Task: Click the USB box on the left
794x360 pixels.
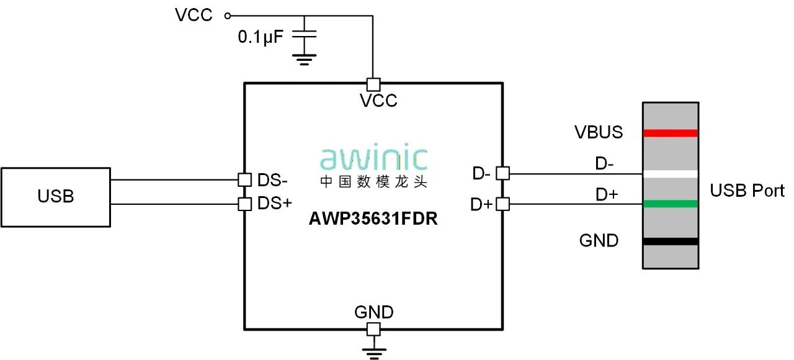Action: [x=56, y=197]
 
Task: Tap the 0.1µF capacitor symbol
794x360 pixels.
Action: [x=304, y=35]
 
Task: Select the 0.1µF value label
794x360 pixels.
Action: [x=261, y=37]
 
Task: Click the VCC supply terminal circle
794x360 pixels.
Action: [x=227, y=16]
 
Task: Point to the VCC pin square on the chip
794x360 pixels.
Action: [x=373, y=84]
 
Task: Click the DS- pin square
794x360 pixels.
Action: [x=245, y=179]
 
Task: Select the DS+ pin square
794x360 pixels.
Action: [x=245, y=204]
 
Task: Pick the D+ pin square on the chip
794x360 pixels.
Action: [x=502, y=204]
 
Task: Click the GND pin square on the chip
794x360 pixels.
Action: [x=373, y=329]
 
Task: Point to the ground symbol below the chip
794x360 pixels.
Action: [x=373, y=353]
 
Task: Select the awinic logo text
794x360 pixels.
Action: [x=373, y=159]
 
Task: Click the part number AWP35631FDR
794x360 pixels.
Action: [x=373, y=219]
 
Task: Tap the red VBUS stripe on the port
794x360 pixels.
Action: [x=671, y=133]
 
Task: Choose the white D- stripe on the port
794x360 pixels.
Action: [x=671, y=174]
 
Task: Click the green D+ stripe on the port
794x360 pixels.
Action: [x=671, y=204]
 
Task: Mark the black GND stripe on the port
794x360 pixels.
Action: [x=671, y=241]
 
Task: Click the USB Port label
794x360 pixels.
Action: [x=747, y=191]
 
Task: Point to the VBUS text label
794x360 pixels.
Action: [x=599, y=132]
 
